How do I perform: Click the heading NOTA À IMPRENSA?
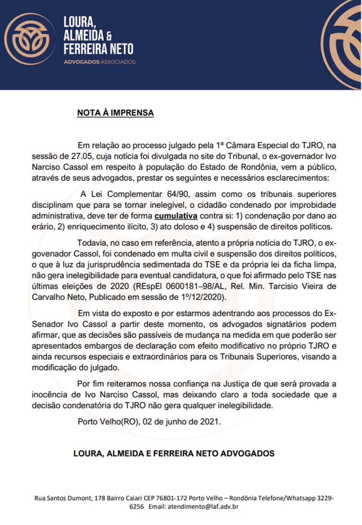click(x=115, y=113)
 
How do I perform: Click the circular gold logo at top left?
click(x=27, y=39)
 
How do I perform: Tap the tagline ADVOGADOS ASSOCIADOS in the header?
click(x=100, y=62)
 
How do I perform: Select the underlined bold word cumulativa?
click(x=176, y=216)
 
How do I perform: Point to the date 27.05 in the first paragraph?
click(x=82, y=156)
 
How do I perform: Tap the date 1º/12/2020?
click(x=203, y=297)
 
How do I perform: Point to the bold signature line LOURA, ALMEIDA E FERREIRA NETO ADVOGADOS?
click(x=174, y=453)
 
